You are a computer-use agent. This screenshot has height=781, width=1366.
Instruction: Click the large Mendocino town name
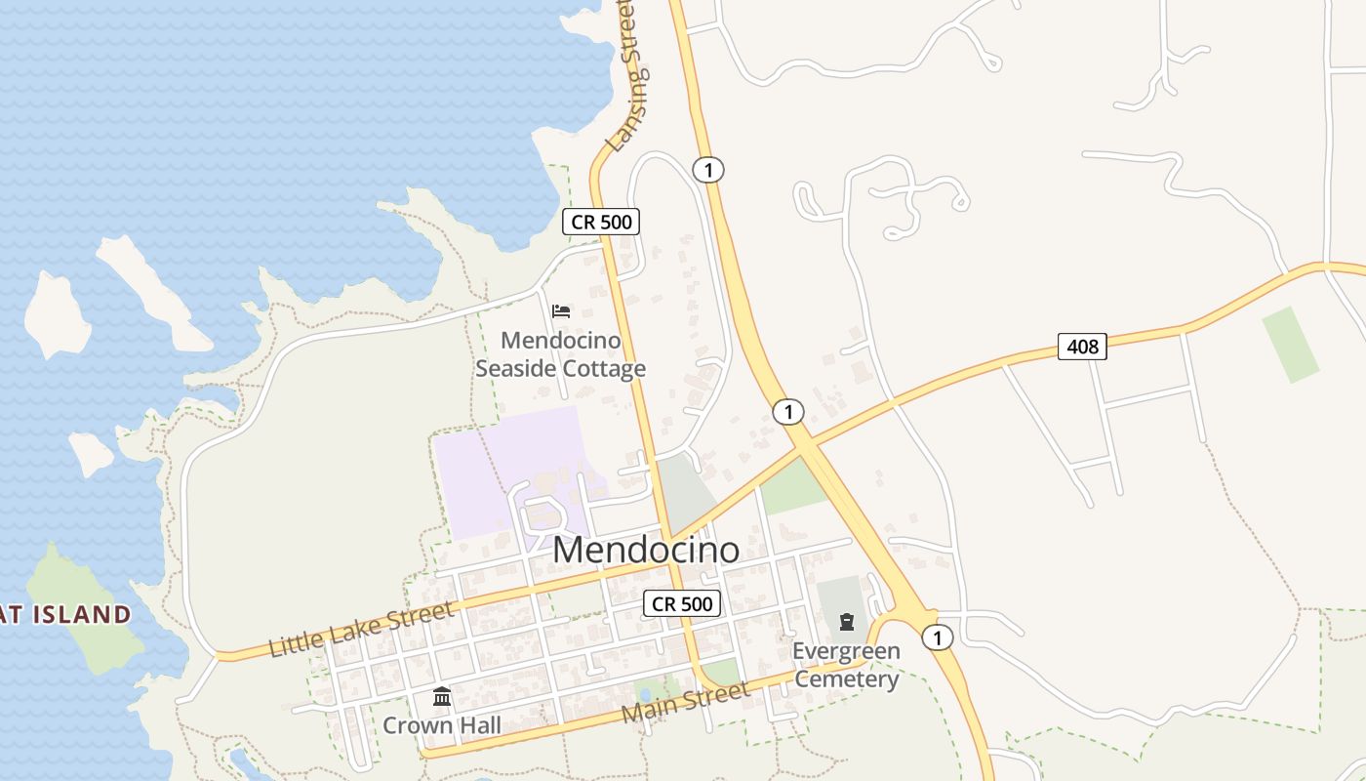coord(646,551)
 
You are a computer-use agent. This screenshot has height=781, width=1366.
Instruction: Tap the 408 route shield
coord(1082,346)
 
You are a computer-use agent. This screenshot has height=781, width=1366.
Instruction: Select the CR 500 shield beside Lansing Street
coord(601,222)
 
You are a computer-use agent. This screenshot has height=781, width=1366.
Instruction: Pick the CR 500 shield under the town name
coord(682,603)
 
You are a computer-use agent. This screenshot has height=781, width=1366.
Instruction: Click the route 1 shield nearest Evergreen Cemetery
coord(937,637)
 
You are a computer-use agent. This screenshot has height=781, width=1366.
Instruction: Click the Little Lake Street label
coord(362,630)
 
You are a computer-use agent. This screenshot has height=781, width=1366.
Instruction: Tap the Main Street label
coord(686,703)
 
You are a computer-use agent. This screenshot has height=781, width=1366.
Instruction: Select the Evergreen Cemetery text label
coord(846,665)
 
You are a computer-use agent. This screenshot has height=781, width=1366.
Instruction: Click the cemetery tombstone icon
coord(846,622)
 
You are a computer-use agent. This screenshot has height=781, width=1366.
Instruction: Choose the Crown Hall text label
coord(441,725)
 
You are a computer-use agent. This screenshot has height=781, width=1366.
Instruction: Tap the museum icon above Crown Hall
coord(442,697)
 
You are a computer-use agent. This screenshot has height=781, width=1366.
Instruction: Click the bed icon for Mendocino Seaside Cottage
coord(561,311)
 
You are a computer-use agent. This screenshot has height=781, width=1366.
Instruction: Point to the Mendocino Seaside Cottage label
coord(561,354)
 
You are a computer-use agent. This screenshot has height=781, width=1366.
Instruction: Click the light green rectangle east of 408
coord(1290,344)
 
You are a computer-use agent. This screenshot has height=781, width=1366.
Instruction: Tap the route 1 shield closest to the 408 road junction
coord(787,412)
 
